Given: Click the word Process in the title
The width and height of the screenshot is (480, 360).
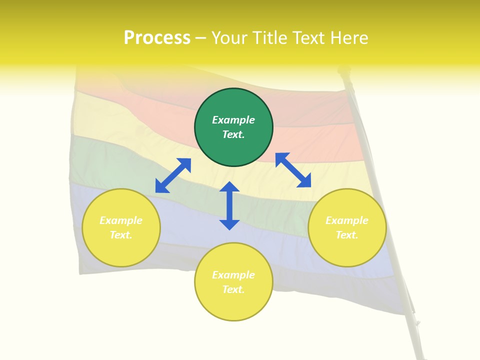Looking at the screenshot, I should tap(157, 37).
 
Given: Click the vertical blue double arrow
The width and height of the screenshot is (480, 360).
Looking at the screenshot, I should tap(229, 205).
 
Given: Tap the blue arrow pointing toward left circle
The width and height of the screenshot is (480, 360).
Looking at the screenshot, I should tap(173, 175).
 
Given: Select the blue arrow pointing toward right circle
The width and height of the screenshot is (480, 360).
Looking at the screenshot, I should tap(293, 170).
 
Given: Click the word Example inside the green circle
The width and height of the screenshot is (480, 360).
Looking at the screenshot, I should tap(233, 120).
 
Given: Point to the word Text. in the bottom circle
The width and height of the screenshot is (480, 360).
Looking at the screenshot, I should tap(233, 289).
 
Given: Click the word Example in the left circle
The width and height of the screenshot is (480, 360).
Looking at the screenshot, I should tap(121, 220).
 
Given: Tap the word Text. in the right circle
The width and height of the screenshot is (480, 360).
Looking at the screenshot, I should tap(347, 235).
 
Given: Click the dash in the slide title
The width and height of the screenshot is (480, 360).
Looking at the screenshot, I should tap(201, 38).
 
